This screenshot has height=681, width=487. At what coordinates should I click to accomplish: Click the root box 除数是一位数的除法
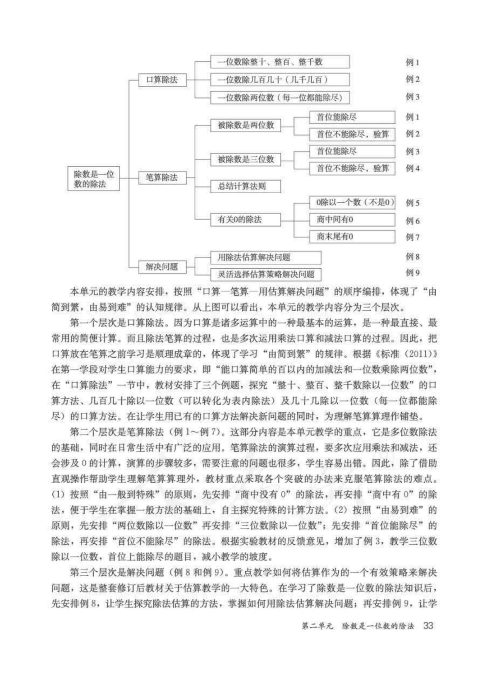point(94,179)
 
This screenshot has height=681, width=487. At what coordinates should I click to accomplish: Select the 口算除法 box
point(161,80)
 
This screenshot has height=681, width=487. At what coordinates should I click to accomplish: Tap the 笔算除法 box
point(161,177)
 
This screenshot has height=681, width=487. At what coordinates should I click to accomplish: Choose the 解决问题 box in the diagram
point(161,266)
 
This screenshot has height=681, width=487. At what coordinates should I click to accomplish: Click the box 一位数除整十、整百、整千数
point(280,62)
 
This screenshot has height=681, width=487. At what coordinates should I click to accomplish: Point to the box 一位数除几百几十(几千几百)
point(280,80)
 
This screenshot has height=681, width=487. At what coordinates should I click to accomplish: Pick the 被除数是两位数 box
point(246,125)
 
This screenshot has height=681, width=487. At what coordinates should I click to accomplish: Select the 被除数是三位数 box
point(246,159)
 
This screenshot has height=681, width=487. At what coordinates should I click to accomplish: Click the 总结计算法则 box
point(246,186)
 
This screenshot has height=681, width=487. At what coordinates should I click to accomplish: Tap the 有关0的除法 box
point(246,220)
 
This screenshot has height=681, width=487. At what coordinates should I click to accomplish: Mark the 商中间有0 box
point(352,220)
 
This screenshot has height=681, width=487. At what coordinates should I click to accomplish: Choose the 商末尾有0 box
point(352,237)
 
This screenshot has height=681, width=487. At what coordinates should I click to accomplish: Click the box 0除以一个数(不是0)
point(352,203)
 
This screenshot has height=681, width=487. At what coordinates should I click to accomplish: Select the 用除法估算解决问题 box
point(266,257)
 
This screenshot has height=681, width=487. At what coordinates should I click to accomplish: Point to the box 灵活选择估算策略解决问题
point(266,274)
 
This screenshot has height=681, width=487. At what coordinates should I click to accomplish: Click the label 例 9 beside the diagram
point(412,273)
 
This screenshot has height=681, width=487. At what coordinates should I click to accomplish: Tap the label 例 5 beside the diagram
point(412,203)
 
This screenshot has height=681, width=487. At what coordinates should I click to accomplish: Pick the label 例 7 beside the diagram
point(412,237)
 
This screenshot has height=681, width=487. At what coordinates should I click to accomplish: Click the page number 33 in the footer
point(428,626)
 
